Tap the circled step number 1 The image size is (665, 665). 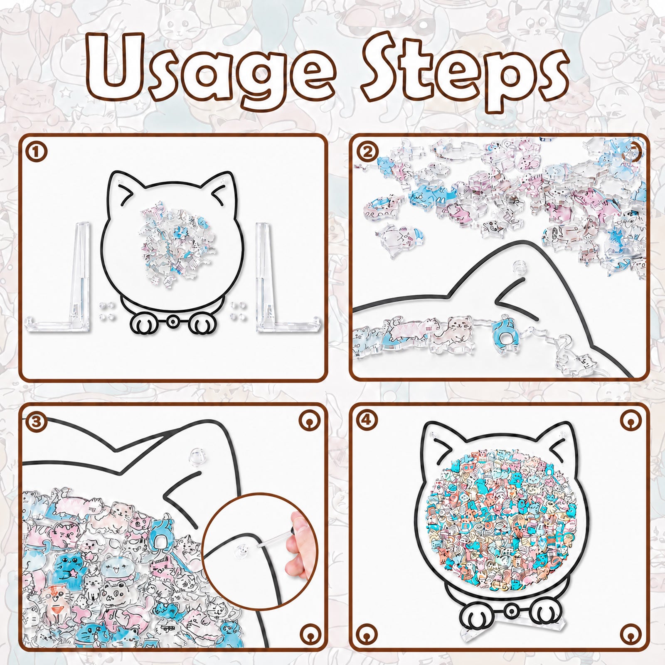37,152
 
